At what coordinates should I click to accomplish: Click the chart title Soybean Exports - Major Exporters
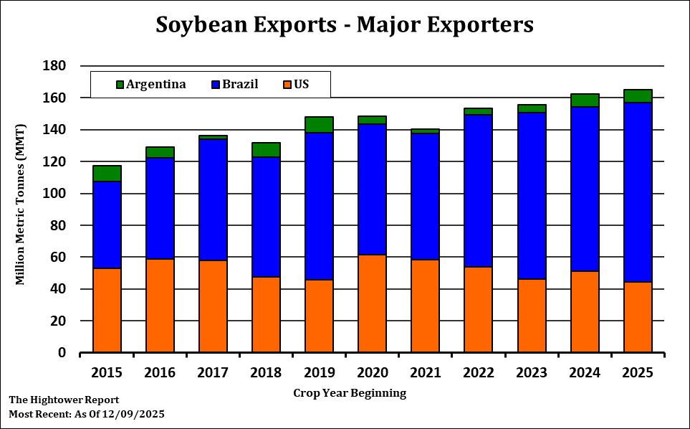(345, 24)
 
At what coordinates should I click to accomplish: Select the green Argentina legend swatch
(120, 85)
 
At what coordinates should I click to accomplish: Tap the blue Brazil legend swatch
(216, 85)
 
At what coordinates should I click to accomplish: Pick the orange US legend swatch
(288, 85)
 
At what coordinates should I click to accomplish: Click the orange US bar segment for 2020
(372, 303)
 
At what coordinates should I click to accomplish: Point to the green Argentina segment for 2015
(107, 174)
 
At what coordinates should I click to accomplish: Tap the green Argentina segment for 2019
(319, 125)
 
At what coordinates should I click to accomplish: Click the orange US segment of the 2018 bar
(266, 315)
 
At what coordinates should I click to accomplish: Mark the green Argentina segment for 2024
(584, 100)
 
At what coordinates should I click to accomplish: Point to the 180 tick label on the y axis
(55, 66)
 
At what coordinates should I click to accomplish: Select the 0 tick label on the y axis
(62, 353)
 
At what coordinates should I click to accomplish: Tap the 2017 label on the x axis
(213, 372)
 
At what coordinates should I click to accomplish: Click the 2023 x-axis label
(531, 372)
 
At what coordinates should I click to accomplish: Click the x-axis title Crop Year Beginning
(350, 393)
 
